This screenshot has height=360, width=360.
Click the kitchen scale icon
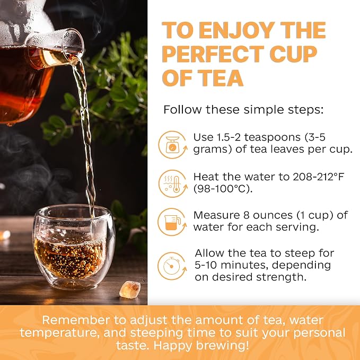click(172, 145)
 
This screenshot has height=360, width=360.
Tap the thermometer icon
click(172, 183)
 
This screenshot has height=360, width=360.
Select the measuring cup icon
click(172, 222)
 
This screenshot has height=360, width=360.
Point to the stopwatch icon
click(172, 266)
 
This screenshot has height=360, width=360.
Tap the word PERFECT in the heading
click(214, 54)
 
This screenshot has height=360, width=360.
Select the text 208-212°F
click(319, 177)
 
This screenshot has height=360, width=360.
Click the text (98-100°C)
click(223, 189)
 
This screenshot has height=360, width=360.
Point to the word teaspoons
click(273, 138)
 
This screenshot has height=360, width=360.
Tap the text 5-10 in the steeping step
click(206, 265)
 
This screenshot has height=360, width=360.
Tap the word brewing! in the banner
click(223, 346)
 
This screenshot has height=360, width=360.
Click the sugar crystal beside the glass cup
click(130, 290)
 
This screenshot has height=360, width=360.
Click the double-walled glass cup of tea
click(74, 247)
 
